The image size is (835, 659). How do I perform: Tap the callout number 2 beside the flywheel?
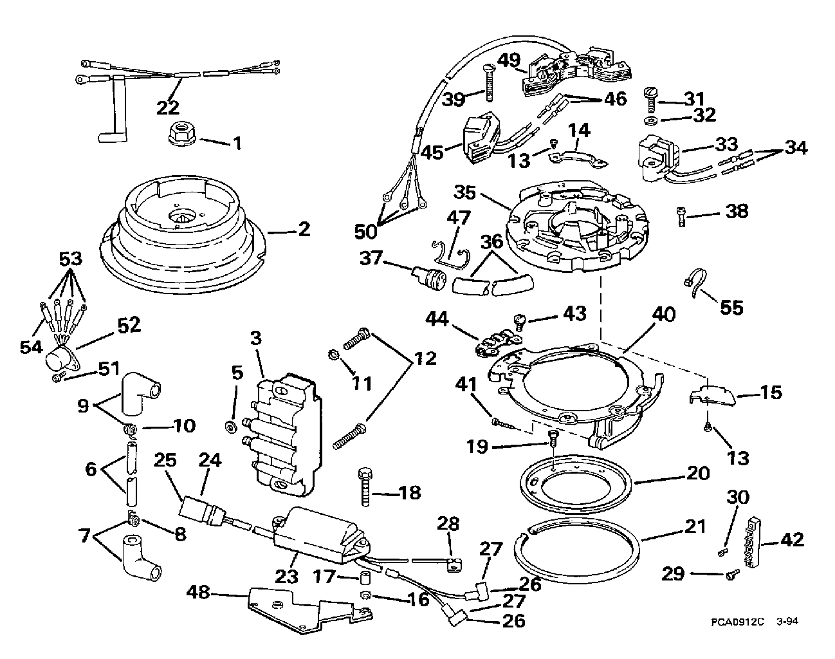click(x=303, y=229)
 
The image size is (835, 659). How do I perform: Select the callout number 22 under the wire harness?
click(x=168, y=107)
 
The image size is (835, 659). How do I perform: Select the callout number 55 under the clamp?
click(x=731, y=307)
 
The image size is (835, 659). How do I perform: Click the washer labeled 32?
click(x=652, y=120)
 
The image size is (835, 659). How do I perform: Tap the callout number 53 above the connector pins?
click(x=71, y=259)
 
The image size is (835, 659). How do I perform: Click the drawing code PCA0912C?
click(x=738, y=622)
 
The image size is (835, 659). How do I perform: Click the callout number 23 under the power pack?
click(x=287, y=577)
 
